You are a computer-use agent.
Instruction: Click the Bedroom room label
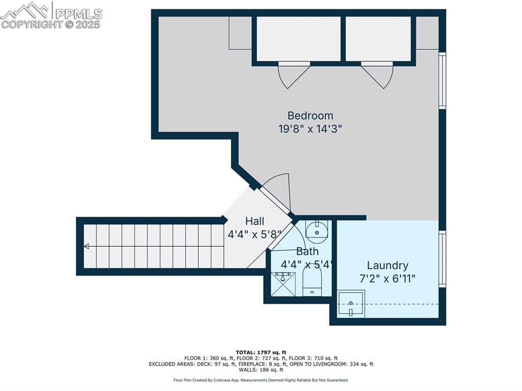click(x=310, y=116)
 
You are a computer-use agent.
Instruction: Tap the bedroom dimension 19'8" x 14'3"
click(x=310, y=129)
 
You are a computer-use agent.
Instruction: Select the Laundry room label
click(x=387, y=266)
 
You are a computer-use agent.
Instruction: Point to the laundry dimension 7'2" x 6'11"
click(x=387, y=279)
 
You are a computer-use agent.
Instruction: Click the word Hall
click(x=254, y=221)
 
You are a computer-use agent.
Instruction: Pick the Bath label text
click(x=307, y=251)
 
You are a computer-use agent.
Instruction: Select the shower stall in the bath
click(x=282, y=283)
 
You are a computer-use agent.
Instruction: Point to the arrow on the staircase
click(x=87, y=246)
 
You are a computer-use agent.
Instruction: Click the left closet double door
click(x=294, y=74)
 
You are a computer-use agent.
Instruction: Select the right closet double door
click(x=377, y=74)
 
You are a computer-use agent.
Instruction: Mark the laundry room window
click(x=442, y=258)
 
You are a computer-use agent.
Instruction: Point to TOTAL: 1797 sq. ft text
click(x=261, y=352)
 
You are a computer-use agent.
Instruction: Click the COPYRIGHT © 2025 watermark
click(x=51, y=24)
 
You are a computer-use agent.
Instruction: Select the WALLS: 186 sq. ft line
click(x=261, y=371)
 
